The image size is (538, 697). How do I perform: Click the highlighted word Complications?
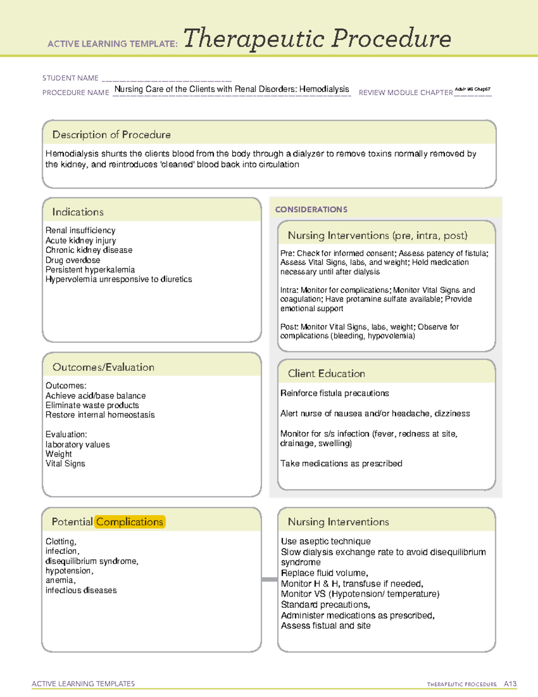pyautogui.click(x=130, y=522)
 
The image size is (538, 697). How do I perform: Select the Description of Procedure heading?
pyautogui.click(x=111, y=135)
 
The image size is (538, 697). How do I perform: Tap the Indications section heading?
pyautogui.click(x=78, y=212)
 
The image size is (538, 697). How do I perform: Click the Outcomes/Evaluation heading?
pyautogui.click(x=103, y=367)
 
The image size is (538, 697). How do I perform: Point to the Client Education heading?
pyautogui.click(x=326, y=373)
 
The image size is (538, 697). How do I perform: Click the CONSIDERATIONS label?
pyautogui.click(x=311, y=210)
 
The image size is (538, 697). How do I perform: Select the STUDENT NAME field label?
pyautogui.click(x=70, y=78)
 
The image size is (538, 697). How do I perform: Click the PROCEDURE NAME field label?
pyautogui.click(x=75, y=92)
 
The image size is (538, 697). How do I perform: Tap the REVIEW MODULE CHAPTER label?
pyautogui.click(x=405, y=92)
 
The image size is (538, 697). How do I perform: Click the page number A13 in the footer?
pyautogui.click(x=510, y=684)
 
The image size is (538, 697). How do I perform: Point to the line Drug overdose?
pyautogui.click(x=73, y=260)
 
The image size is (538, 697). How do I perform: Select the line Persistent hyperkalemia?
pyautogui.click(x=90, y=269)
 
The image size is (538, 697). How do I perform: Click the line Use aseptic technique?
pyautogui.click(x=325, y=541)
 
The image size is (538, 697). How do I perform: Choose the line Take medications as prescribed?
pyautogui.click(x=341, y=463)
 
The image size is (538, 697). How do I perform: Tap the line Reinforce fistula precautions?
pyautogui.click(x=334, y=393)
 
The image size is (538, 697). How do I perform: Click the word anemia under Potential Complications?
pyautogui.click(x=60, y=580)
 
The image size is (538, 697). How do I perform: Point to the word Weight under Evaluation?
pyautogui.click(x=58, y=454)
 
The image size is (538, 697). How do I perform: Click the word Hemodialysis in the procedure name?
pyautogui.click(x=324, y=89)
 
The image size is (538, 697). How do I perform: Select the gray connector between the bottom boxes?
pyautogui.click(x=269, y=579)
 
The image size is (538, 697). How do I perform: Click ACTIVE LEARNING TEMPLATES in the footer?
pyautogui.click(x=83, y=684)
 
